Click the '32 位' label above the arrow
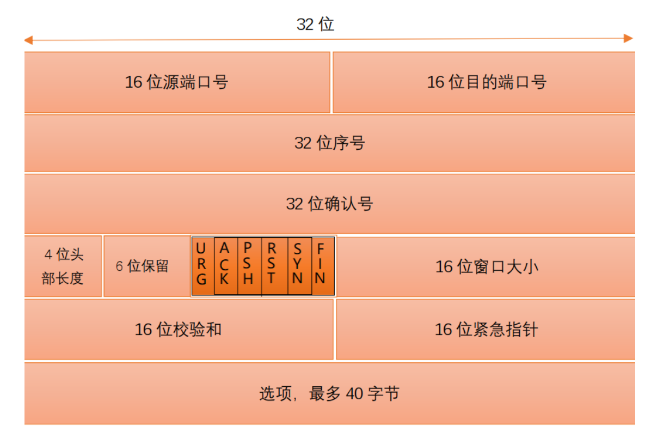coord(315,25)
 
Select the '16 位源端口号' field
coord(177,82)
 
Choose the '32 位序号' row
coord(329,143)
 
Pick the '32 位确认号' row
coord(329,204)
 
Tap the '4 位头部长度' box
coord(63,266)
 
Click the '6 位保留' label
coord(142,266)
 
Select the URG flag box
coord(202,265)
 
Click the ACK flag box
coord(225,265)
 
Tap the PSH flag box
coord(249,265)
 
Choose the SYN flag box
coord(299,265)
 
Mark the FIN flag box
coord(322,265)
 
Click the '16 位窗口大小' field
coord(486,266)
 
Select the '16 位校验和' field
coord(179,329)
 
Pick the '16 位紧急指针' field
coord(486,329)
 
